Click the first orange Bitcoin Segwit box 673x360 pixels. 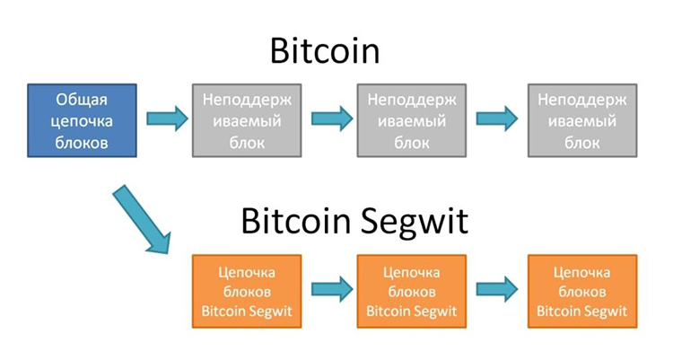pyautogui.click(x=246, y=291)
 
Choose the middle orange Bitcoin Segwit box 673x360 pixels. pyautogui.click(x=411, y=291)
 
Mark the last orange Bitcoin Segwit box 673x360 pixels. pyautogui.click(x=582, y=291)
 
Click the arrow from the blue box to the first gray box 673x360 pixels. pyautogui.click(x=165, y=119)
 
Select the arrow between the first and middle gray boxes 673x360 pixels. pyautogui.click(x=330, y=119)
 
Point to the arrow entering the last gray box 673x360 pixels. pyautogui.click(x=497, y=119)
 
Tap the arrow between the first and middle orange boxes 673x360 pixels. pyautogui.click(x=330, y=289)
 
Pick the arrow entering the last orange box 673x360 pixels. pyautogui.click(x=497, y=289)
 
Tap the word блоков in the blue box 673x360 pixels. pyautogui.click(x=82, y=141)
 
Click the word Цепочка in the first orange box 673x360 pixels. pyautogui.click(x=246, y=271)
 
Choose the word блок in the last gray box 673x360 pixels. pyautogui.click(x=582, y=141)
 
